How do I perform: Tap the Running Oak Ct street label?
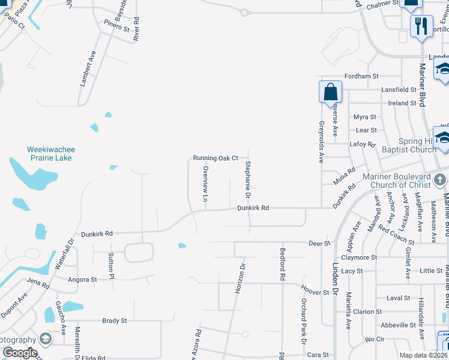[215, 158]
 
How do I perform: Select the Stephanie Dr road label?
[247, 180]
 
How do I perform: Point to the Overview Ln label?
[205, 184]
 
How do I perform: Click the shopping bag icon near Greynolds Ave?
[330, 93]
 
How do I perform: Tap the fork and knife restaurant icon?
[421, 26]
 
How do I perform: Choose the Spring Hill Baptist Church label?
[409, 146]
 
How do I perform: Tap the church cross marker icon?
[440, 179]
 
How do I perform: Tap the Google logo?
[20, 353]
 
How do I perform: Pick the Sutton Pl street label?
[111, 266]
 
